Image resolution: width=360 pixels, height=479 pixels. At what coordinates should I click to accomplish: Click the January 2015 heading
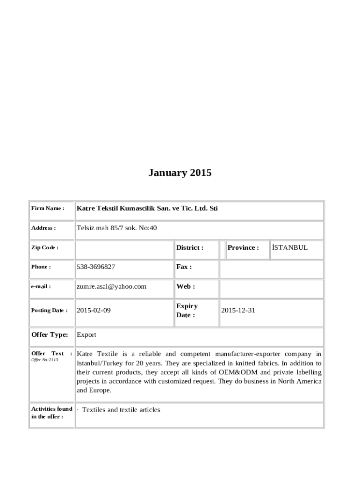click(180, 173)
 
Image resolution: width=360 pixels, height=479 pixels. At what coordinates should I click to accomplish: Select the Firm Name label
click(47, 208)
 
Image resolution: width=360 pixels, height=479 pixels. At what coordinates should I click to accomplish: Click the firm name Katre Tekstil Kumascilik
click(147, 208)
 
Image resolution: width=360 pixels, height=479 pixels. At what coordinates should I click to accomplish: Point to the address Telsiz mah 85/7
click(116, 228)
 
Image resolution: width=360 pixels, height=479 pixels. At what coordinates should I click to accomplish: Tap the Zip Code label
click(44, 247)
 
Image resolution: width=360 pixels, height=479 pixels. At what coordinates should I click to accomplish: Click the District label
click(189, 247)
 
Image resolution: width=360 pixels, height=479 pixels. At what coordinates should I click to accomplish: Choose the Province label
click(243, 247)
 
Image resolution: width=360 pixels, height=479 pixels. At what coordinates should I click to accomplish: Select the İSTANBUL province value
click(289, 247)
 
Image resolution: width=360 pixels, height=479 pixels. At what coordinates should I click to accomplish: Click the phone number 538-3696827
click(96, 267)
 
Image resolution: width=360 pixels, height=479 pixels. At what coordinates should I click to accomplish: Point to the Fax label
click(184, 267)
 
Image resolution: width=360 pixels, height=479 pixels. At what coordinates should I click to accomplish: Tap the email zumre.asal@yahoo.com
click(111, 286)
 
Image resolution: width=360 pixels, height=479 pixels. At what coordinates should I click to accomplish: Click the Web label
click(185, 286)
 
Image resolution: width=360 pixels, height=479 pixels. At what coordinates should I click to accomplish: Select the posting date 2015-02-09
click(94, 310)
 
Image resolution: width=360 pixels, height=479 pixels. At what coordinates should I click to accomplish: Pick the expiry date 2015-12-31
click(238, 310)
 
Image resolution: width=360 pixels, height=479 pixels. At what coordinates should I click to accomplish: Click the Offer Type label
click(50, 334)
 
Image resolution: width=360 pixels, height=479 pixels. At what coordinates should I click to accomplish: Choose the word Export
click(86, 334)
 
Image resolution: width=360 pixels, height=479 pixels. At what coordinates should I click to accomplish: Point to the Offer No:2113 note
click(44, 360)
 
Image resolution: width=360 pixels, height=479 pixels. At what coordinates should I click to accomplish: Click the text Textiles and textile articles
click(121, 410)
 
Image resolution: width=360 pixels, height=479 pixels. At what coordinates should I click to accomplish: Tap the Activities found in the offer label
click(51, 413)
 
